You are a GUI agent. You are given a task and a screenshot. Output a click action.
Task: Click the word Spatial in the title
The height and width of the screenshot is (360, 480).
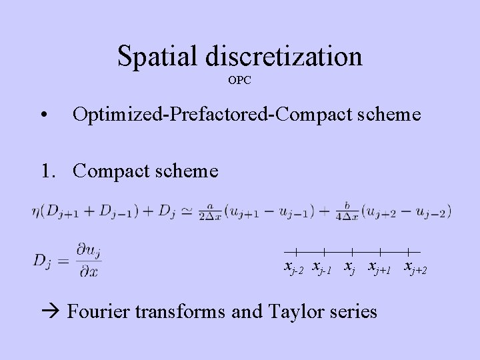[157, 56]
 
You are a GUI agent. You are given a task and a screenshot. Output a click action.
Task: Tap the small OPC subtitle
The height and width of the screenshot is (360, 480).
[240, 81]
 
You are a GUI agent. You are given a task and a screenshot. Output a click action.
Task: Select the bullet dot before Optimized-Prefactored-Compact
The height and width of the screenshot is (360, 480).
[43, 116]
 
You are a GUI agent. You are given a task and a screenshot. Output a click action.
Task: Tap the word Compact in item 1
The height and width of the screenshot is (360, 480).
[114, 171]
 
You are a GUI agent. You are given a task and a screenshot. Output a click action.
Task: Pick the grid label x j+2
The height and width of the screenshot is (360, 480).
[415, 268]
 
